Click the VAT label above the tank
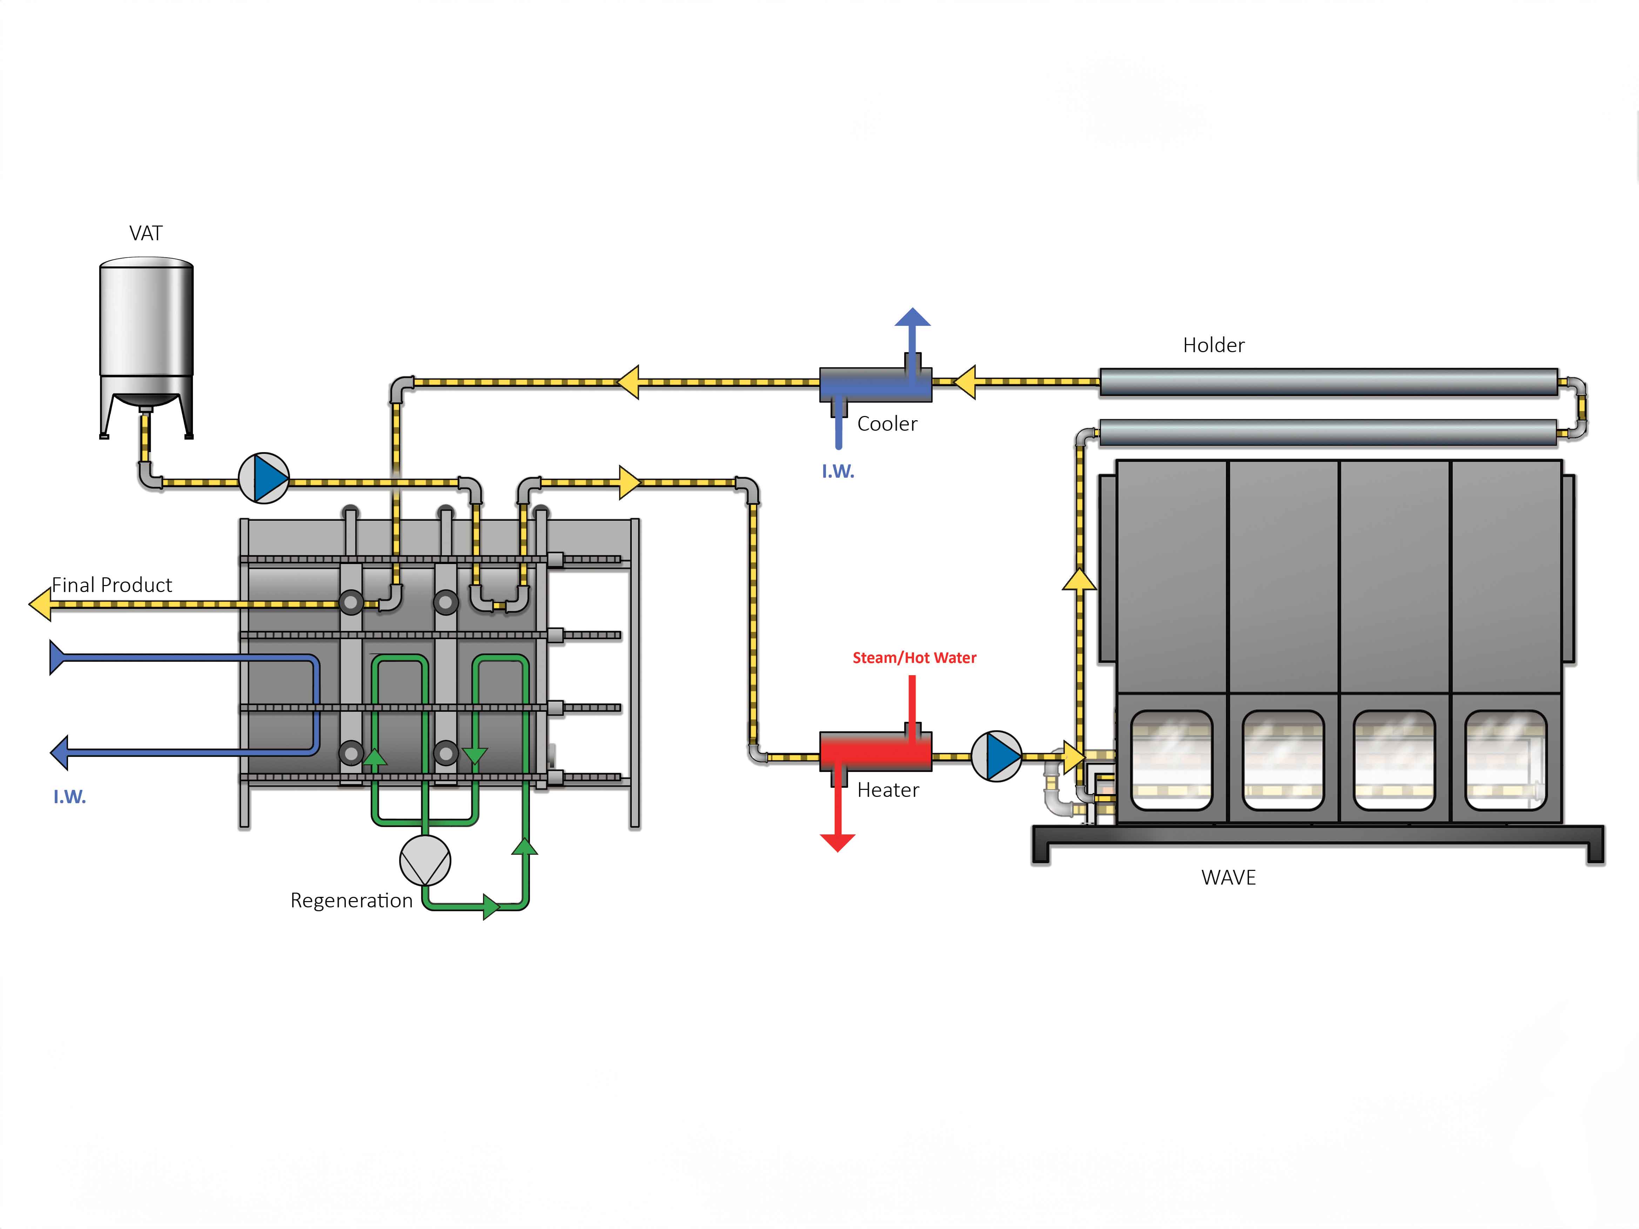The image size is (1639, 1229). point(146,233)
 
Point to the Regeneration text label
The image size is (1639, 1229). point(351,901)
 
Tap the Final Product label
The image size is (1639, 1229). point(112,585)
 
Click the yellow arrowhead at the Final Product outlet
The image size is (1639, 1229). point(41,604)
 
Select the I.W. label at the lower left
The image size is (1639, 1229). point(70,797)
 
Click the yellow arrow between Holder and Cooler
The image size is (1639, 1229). point(965,382)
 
